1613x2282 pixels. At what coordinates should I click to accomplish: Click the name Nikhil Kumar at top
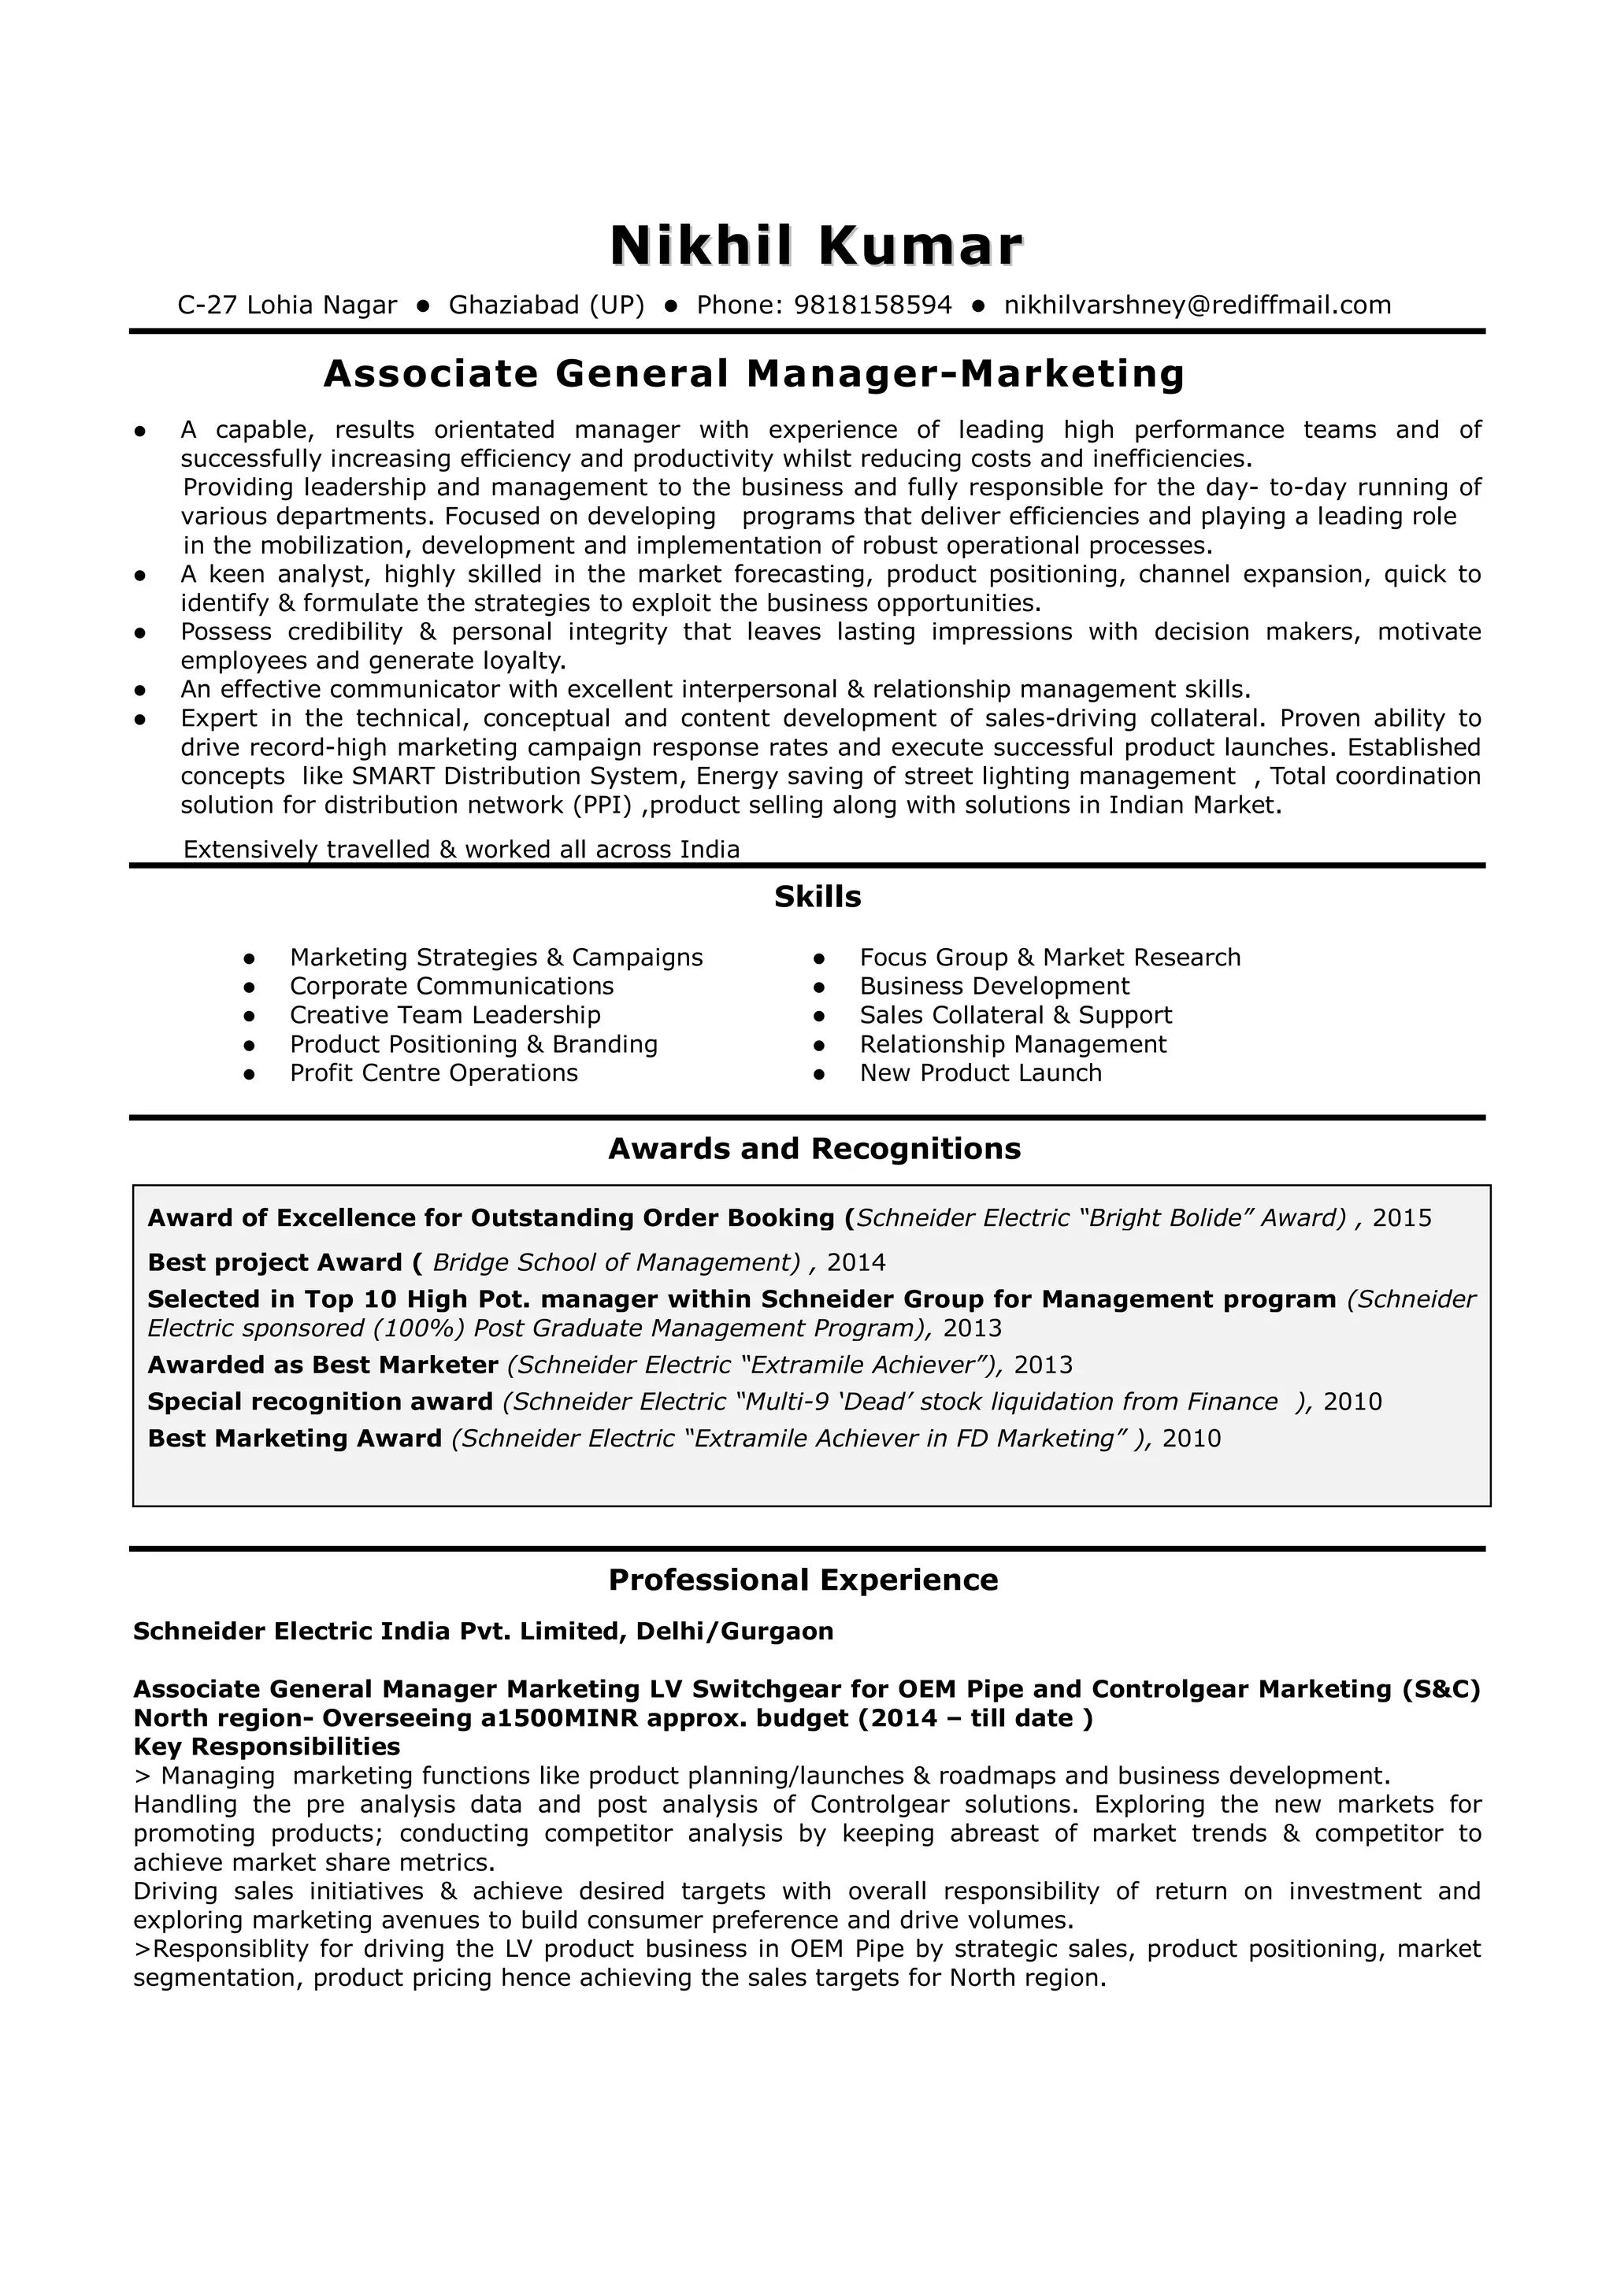pos(815,246)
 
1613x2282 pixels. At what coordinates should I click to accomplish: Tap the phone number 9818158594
pos(873,305)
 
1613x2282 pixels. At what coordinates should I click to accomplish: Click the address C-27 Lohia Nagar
pos(287,305)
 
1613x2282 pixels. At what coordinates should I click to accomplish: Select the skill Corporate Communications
pos(451,986)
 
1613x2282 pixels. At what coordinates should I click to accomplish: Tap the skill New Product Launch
pos(980,1072)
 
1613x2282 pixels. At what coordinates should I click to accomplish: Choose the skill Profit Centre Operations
pos(433,1072)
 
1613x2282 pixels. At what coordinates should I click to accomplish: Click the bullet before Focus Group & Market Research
pos(819,958)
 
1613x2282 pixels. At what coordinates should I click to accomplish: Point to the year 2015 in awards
pos(1401,1217)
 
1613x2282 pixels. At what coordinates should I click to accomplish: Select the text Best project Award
pos(274,1262)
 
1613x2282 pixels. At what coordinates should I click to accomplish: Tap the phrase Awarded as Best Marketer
pos(322,1365)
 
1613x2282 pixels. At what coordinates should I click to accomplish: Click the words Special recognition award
pos(320,1402)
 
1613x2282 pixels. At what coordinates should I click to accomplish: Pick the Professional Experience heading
pos(803,1580)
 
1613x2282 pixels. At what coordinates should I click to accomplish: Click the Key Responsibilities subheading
pos(266,1747)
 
